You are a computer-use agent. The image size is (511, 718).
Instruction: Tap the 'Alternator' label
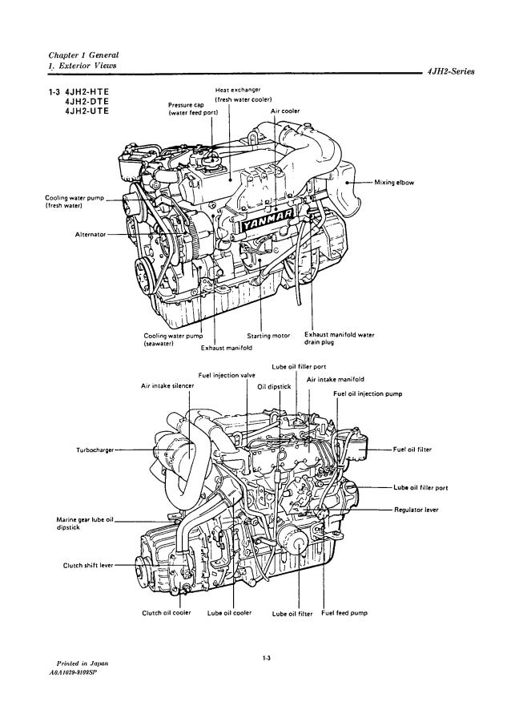click(x=82, y=235)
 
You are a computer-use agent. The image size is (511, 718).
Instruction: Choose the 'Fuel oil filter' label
click(x=412, y=450)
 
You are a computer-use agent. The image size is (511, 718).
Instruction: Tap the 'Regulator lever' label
click(x=415, y=509)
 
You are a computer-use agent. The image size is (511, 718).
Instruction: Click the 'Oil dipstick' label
click(x=272, y=385)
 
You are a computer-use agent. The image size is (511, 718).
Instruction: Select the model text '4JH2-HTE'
click(x=85, y=91)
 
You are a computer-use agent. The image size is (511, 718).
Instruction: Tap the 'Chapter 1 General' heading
click(x=84, y=53)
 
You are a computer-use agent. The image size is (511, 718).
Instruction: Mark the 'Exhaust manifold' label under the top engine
click(x=226, y=349)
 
